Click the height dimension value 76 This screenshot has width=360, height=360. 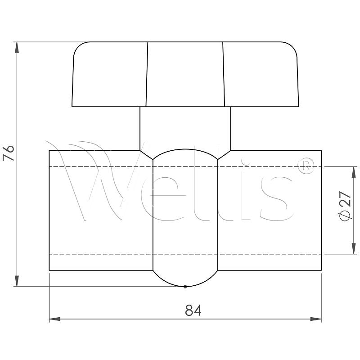(9, 153)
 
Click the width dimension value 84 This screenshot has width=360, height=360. (193, 310)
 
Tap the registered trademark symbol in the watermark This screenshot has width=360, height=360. (306, 166)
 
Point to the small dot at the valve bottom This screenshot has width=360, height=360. (185, 287)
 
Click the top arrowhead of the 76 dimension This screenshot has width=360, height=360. (17, 48)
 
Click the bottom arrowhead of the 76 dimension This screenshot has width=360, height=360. (17, 281)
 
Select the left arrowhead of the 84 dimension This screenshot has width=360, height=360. (55, 319)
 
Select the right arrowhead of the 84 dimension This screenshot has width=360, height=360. (316, 319)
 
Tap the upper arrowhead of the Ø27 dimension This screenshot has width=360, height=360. (354, 172)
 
